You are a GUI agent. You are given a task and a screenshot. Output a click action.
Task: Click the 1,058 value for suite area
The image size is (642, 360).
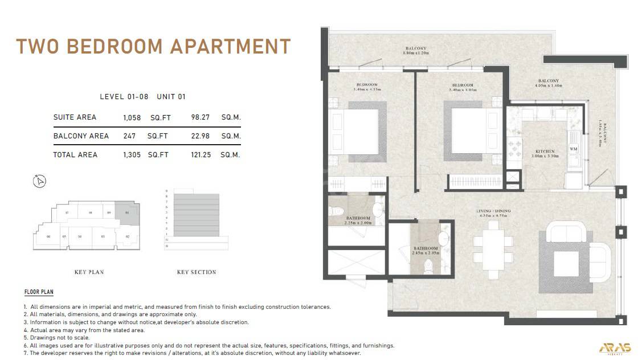[x=132, y=118]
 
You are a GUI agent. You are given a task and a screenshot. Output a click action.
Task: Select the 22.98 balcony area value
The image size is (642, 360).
[x=201, y=136]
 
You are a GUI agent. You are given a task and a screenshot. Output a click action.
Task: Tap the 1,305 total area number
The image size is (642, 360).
[x=132, y=155]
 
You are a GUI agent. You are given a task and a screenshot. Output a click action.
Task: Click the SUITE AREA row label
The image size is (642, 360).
[x=75, y=117]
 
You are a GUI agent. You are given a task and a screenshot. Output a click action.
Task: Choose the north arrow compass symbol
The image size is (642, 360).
[x=40, y=181]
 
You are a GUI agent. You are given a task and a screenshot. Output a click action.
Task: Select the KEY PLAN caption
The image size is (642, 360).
[x=89, y=272]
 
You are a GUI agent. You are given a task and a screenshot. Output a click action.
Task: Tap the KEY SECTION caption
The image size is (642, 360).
[x=197, y=272]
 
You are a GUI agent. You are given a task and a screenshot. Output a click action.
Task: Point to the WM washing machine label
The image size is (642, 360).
[x=573, y=149]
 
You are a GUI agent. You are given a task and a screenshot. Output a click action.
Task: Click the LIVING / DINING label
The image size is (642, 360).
[x=493, y=211]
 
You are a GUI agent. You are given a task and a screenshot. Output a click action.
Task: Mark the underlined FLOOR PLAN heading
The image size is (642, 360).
[x=39, y=292]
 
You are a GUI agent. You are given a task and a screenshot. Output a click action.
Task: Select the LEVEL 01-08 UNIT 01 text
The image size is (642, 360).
[x=142, y=97]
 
